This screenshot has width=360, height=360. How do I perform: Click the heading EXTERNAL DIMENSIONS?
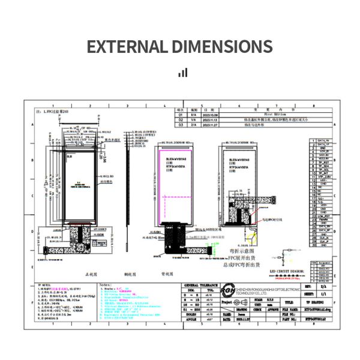pos(180,47)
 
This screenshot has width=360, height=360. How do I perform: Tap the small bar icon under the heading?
pos(183,73)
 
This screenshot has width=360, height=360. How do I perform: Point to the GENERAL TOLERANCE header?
pos(200,285)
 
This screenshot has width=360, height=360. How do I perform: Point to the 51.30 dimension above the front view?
pos(73,128)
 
